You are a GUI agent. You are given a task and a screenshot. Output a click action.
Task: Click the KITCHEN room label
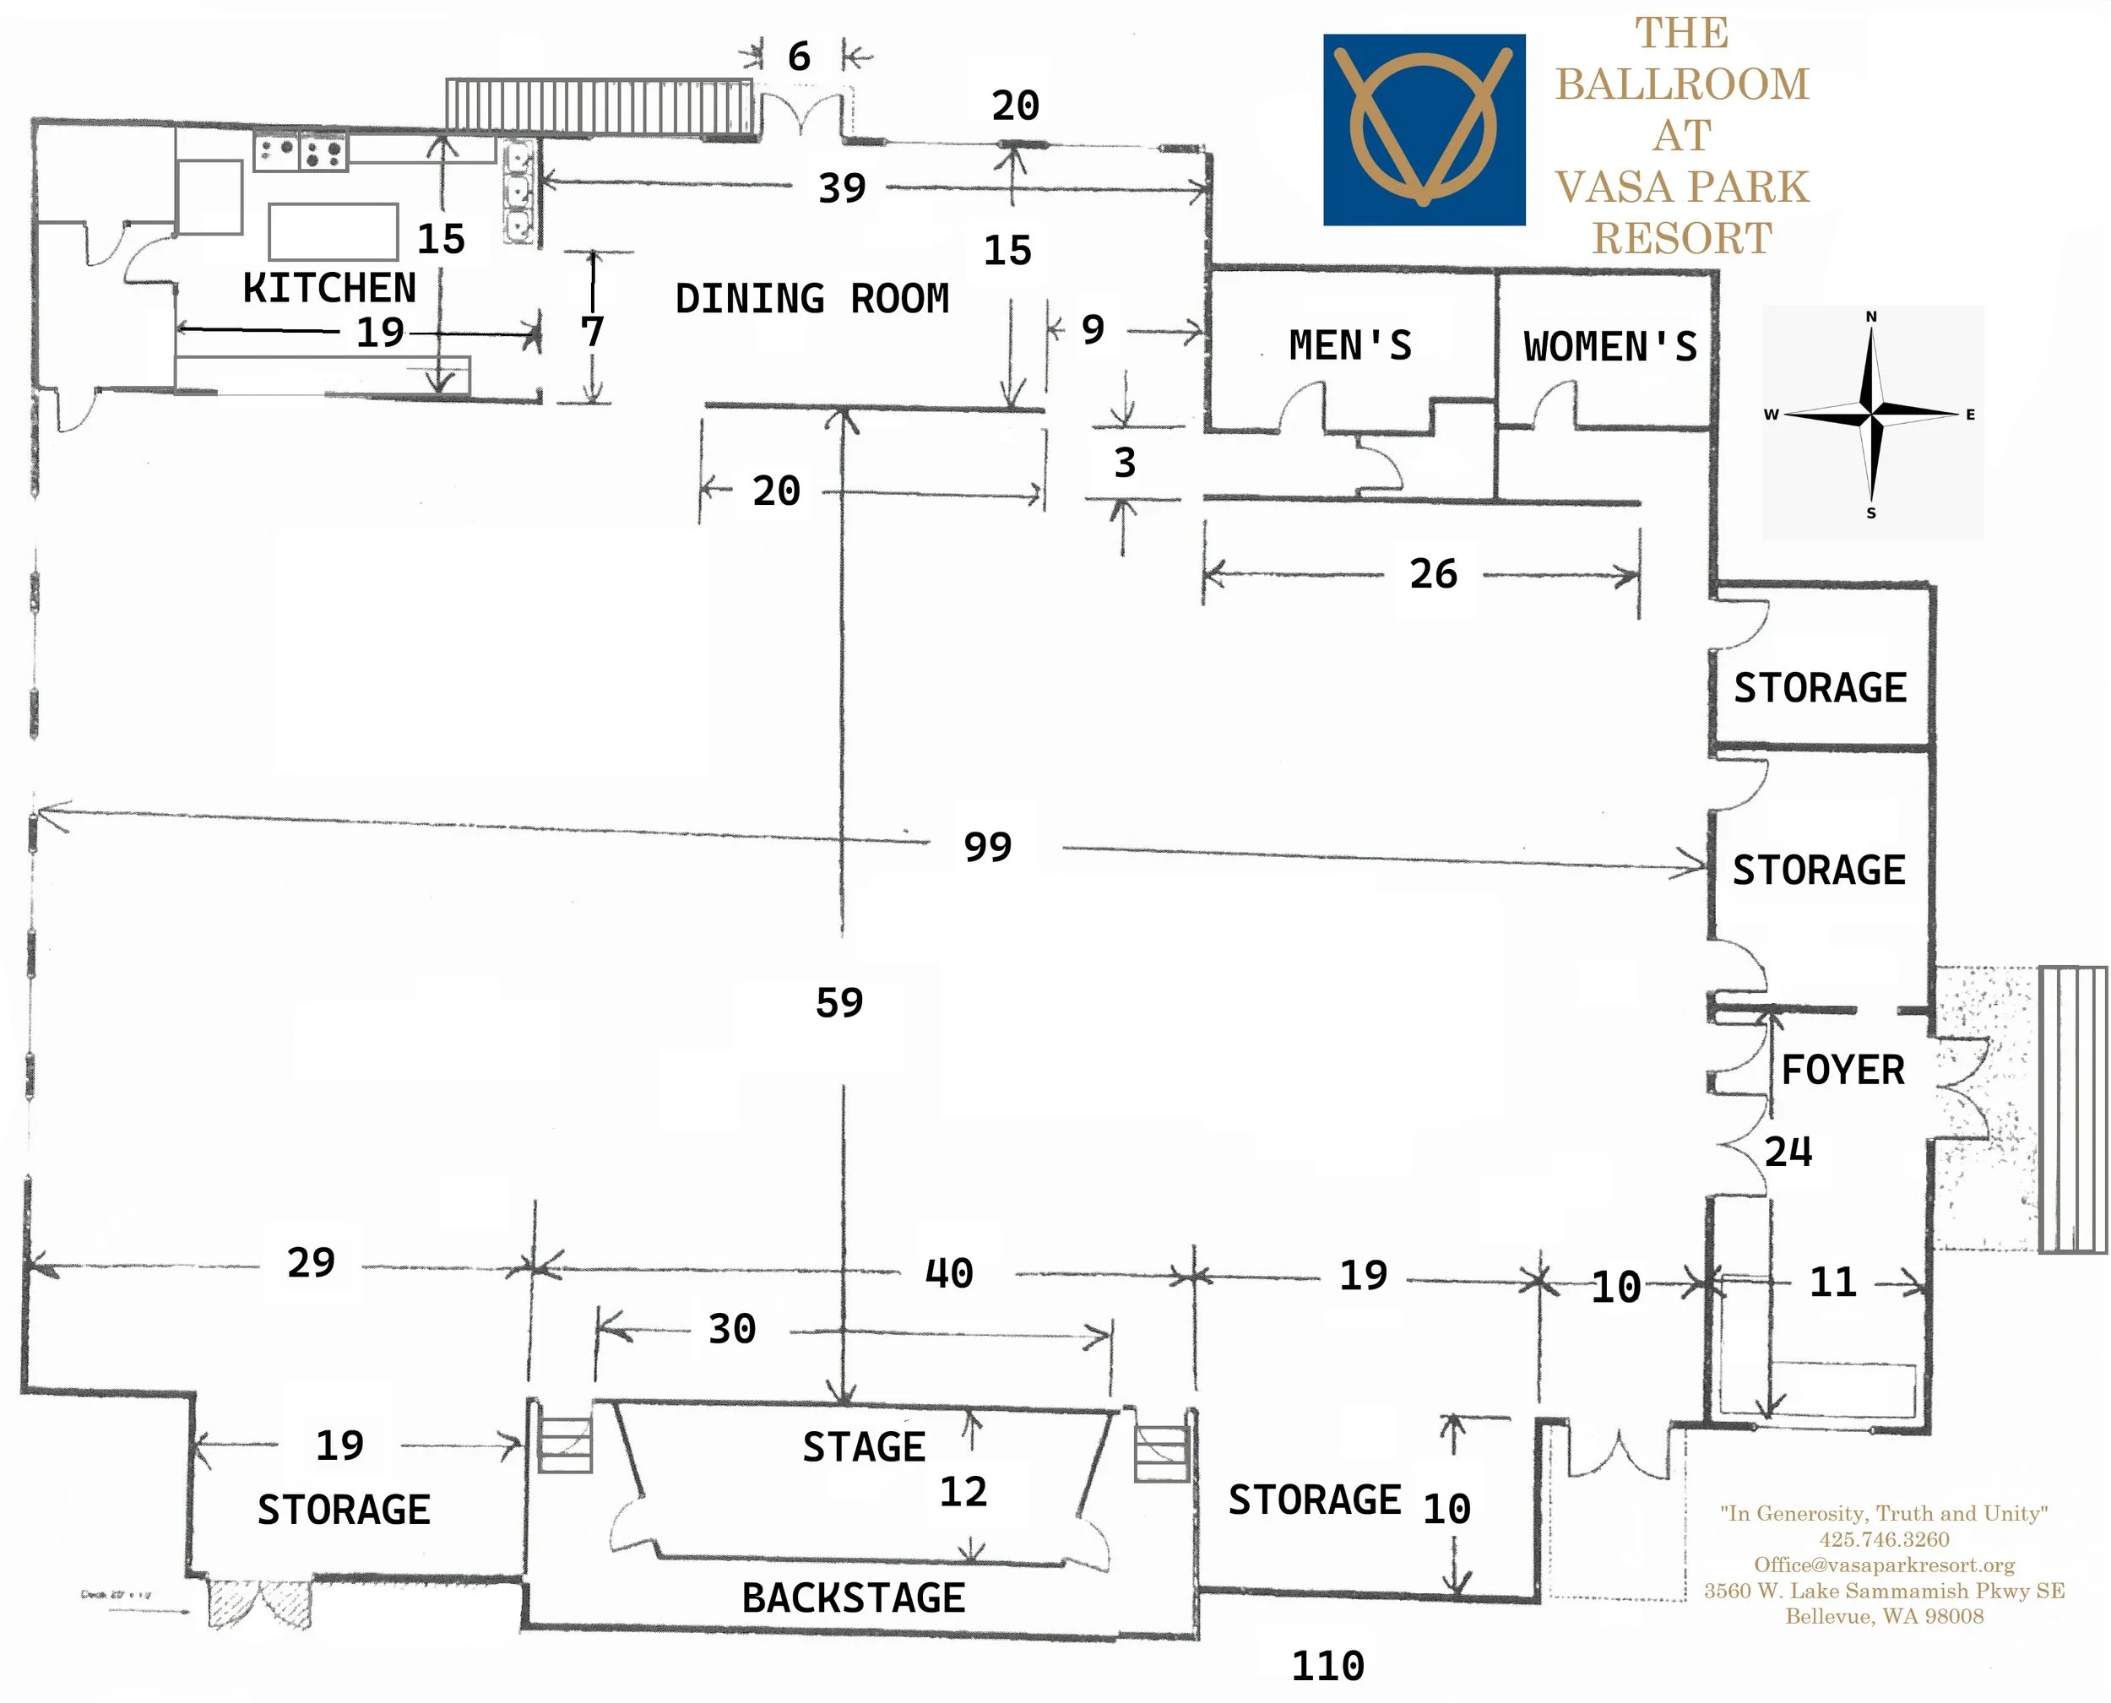click(329, 289)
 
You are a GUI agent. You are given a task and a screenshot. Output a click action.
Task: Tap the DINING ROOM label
click(811, 299)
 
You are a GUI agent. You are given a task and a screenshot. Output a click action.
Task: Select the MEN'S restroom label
click(1350, 346)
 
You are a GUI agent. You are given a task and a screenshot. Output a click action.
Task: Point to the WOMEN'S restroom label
click(1609, 347)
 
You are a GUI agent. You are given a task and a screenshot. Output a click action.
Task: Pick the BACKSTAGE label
click(853, 1598)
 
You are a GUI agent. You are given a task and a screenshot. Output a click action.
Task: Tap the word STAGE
click(863, 1448)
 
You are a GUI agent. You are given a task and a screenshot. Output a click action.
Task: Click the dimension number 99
click(987, 848)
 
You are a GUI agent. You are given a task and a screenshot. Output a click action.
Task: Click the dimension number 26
click(1433, 575)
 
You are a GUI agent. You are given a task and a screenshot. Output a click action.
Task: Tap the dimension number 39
click(842, 188)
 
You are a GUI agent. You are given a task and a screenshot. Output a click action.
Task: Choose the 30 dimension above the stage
click(732, 1330)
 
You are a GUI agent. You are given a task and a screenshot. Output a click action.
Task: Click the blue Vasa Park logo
click(1424, 131)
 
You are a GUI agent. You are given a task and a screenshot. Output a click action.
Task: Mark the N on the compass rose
click(1870, 317)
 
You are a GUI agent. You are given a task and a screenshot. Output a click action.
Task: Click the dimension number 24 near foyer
click(1788, 1153)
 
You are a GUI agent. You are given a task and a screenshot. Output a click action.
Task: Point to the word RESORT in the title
click(1681, 238)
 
